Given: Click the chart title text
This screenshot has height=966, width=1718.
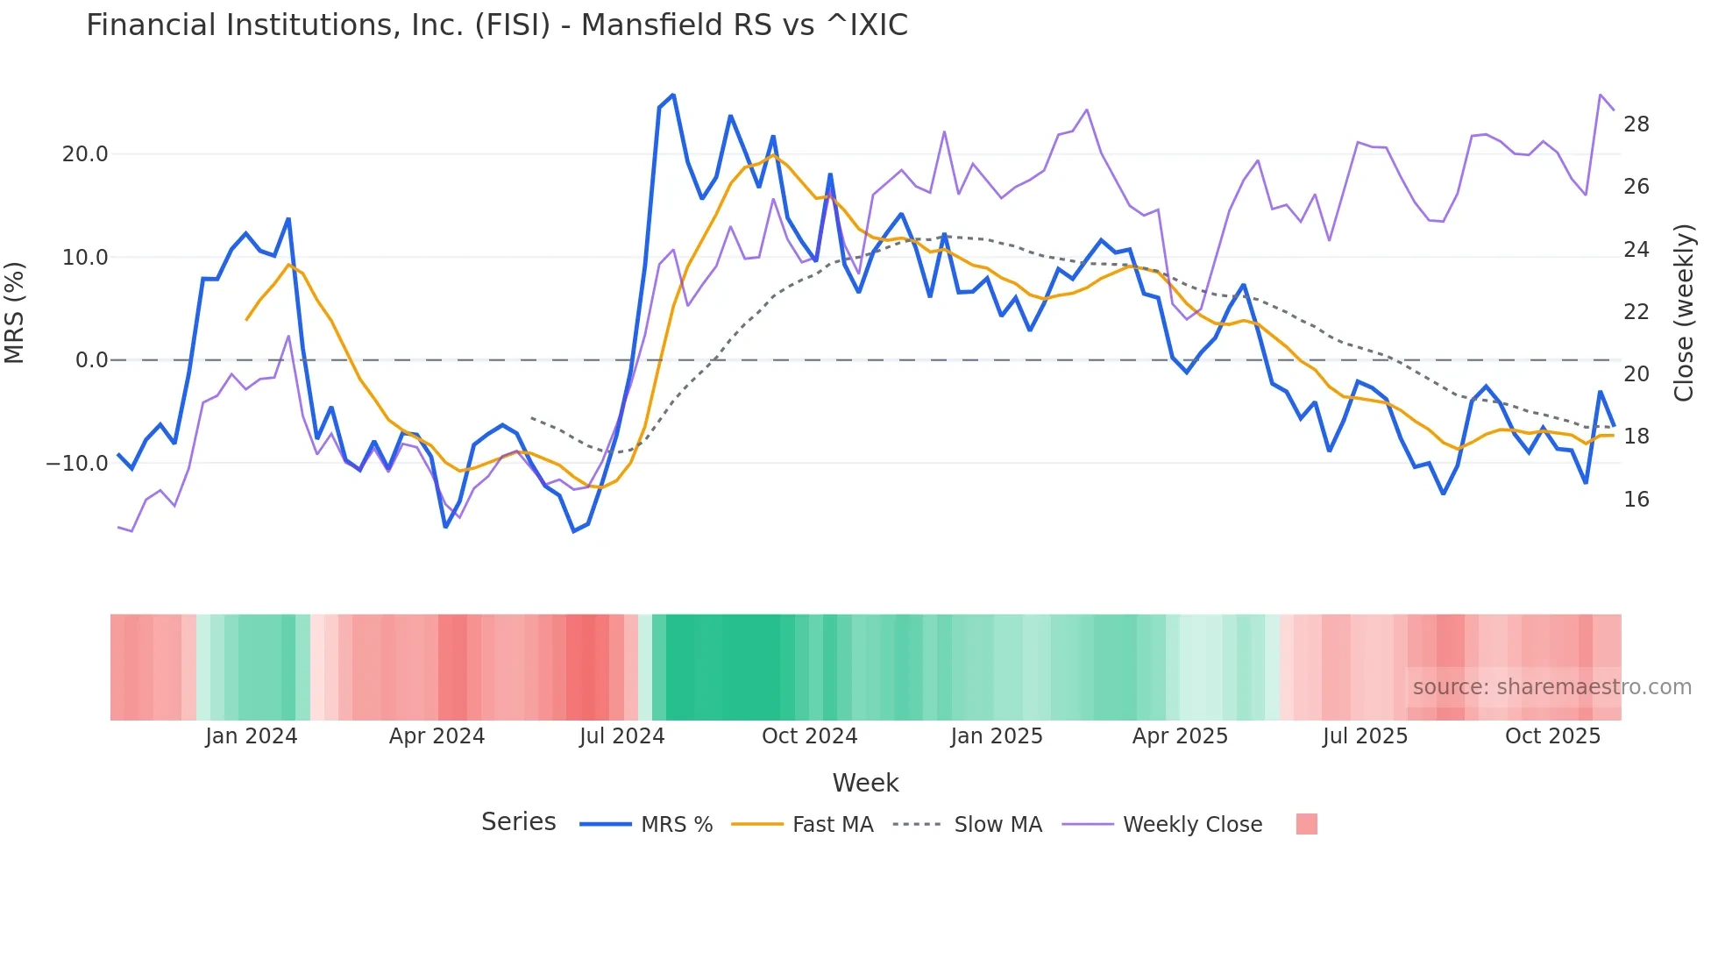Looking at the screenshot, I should (x=496, y=25).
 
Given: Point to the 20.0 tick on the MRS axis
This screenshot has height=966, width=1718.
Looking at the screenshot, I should (x=85, y=154).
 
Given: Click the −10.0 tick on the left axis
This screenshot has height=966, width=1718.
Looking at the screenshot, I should (x=77, y=464).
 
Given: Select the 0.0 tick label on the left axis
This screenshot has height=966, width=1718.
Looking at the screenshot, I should (x=91, y=360).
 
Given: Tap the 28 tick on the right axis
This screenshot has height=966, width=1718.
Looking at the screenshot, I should (x=1636, y=124).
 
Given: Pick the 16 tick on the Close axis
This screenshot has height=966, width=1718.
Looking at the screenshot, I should (x=1636, y=500).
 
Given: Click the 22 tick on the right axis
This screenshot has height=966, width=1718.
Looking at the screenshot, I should (x=1636, y=312).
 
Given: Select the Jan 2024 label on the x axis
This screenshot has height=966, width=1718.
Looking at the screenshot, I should (x=252, y=736).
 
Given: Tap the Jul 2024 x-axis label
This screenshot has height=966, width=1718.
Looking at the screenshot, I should (x=621, y=736).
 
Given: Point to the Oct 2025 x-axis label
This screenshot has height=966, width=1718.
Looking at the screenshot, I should (x=1552, y=736).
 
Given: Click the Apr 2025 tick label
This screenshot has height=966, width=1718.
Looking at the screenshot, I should (x=1180, y=736).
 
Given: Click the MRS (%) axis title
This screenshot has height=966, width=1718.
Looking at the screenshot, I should (x=15, y=313).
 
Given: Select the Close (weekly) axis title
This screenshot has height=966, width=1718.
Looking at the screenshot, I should (x=1683, y=313).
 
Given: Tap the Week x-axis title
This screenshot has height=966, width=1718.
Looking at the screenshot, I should (x=865, y=783).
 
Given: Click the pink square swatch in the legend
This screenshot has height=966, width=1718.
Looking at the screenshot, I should (x=1306, y=824).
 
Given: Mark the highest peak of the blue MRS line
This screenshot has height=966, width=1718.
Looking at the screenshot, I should (x=673, y=95).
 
